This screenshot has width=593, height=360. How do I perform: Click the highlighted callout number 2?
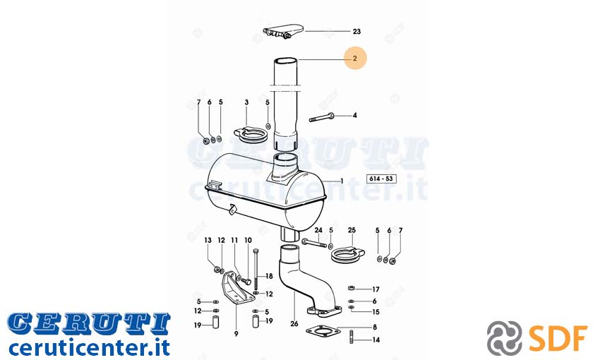click(x=354, y=59)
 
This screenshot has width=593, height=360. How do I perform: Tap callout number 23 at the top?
click(x=357, y=31)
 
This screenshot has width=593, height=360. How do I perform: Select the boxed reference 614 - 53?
click(x=381, y=179)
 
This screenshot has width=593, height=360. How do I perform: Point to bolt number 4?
click(x=322, y=117)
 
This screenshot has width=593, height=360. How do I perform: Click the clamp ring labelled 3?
click(x=246, y=135)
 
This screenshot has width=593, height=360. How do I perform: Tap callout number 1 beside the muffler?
click(x=342, y=181)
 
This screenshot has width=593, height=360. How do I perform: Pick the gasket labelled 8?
click(x=321, y=332)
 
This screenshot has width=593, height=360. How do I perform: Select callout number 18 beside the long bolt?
click(x=269, y=276)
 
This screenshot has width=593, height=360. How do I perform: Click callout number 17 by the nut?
click(x=375, y=289)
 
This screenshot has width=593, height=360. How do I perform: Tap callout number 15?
click(x=376, y=312)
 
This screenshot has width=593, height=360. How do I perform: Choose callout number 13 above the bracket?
click(x=208, y=240)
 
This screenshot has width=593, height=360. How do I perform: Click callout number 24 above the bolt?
click(x=318, y=230)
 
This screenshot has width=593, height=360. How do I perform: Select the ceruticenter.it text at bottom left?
click(x=89, y=347)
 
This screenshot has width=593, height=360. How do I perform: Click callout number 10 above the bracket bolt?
click(x=248, y=240)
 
